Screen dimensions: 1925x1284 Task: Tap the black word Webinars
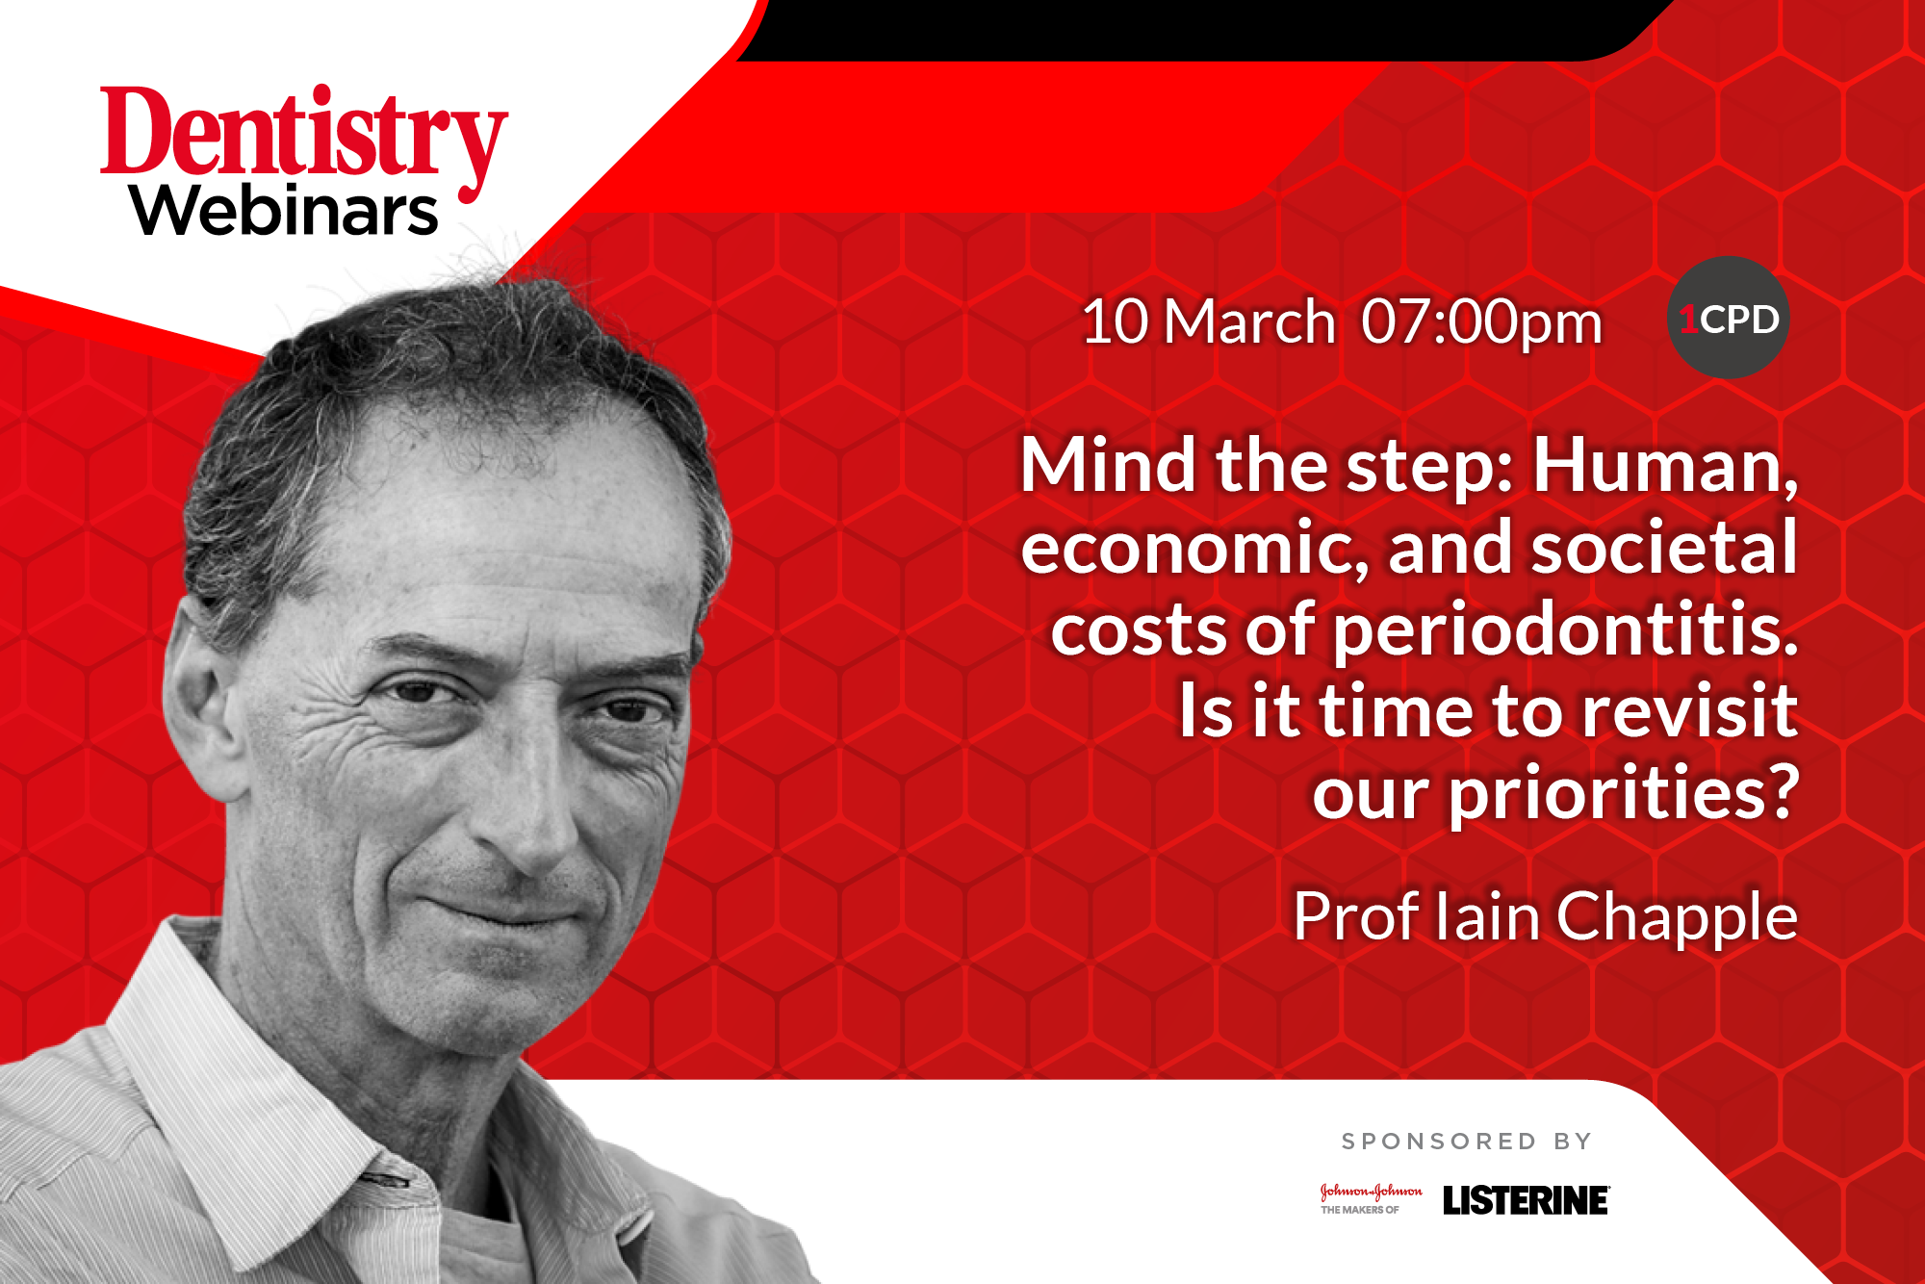coord(285,211)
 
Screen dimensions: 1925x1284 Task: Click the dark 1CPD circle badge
coord(1728,318)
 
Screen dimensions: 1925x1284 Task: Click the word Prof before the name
coord(1355,915)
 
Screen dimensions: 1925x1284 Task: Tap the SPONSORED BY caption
coord(1467,1142)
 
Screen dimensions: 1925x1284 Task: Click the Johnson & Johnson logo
coord(1371,1198)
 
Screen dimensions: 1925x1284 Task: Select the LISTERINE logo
coord(1526,1200)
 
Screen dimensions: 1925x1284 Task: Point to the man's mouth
coord(500,910)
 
